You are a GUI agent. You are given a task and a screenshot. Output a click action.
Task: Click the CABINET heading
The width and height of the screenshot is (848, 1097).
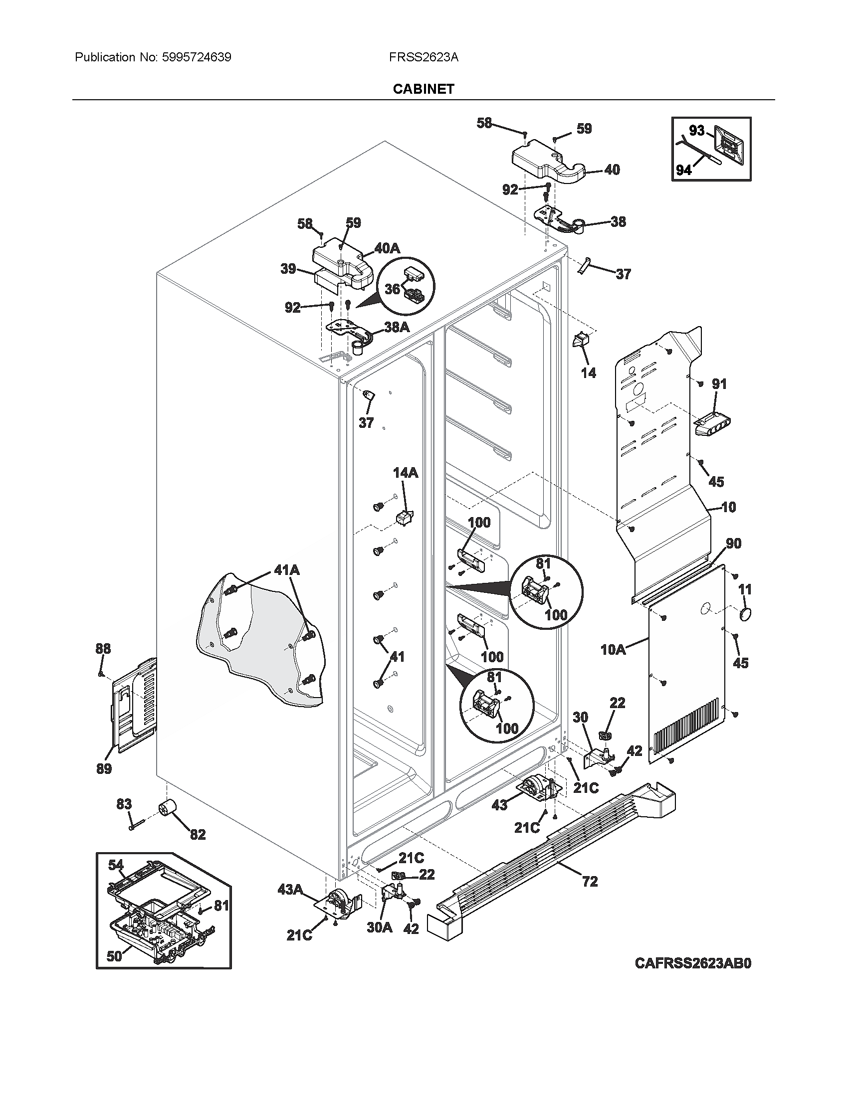(x=423, y=89)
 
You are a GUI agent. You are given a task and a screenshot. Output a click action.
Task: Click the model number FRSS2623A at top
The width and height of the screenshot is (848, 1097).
(x=423, y=57)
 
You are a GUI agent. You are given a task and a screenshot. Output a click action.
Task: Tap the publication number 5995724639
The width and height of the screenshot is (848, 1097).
(x=197, y=57)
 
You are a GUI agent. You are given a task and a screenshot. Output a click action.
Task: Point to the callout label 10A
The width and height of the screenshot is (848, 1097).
(x=613, y=649)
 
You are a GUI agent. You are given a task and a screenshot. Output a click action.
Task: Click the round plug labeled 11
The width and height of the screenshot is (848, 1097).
(x=745, y=614)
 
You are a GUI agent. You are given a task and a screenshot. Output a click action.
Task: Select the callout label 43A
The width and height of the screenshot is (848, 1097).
(x=290, y=890)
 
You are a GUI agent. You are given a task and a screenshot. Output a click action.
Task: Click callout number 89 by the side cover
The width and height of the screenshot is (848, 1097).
(x=104, y=768)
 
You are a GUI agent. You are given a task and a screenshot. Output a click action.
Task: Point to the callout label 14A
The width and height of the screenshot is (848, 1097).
(x=405, y=473)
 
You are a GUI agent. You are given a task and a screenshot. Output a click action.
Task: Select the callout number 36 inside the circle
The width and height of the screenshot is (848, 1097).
(x=393, y=289)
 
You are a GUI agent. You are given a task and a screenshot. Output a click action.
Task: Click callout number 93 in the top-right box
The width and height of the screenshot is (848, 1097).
(x=696, y=131)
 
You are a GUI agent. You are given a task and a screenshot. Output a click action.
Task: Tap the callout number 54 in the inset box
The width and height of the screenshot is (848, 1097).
(x=116, y=865)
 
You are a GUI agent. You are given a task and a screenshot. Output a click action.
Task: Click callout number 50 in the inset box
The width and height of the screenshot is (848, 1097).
(x=114, y=956)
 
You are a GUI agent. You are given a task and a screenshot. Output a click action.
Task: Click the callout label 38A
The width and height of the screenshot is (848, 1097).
(x=397, y=327)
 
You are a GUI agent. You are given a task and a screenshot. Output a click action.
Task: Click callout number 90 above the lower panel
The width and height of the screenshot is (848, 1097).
(x=733, y=544)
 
